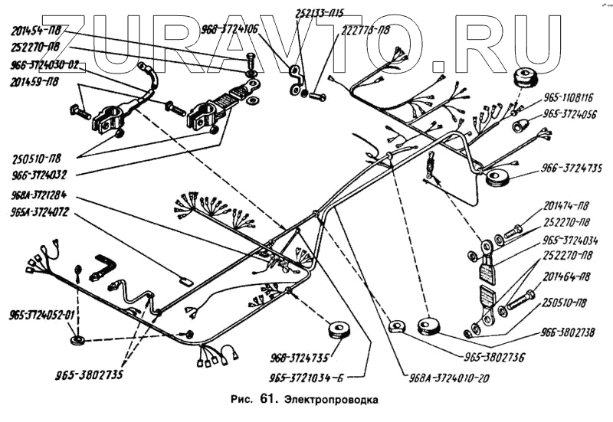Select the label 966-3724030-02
pyautogui.click(x=44, y=66)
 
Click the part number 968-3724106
pyautogui.click(x=229, y=30)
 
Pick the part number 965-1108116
pyautogui.click(x=569, y=98)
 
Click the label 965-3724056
pyautogui.click(x=570, y=113)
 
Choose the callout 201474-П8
pyautogui.click(x=567, y=208)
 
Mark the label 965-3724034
pyautogui.click(x=571, y=240)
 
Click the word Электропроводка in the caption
pyautogui.click(x=331, y=399)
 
